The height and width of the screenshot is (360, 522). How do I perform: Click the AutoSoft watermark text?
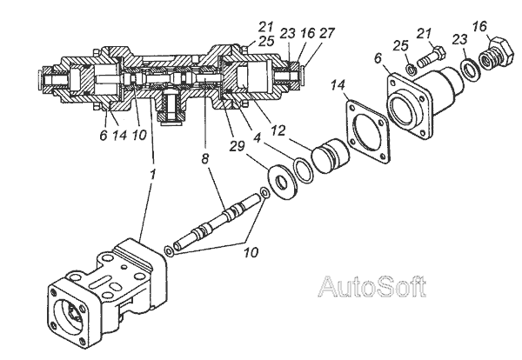(371, 287)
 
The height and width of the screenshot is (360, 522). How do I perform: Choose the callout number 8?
(205, 159)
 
